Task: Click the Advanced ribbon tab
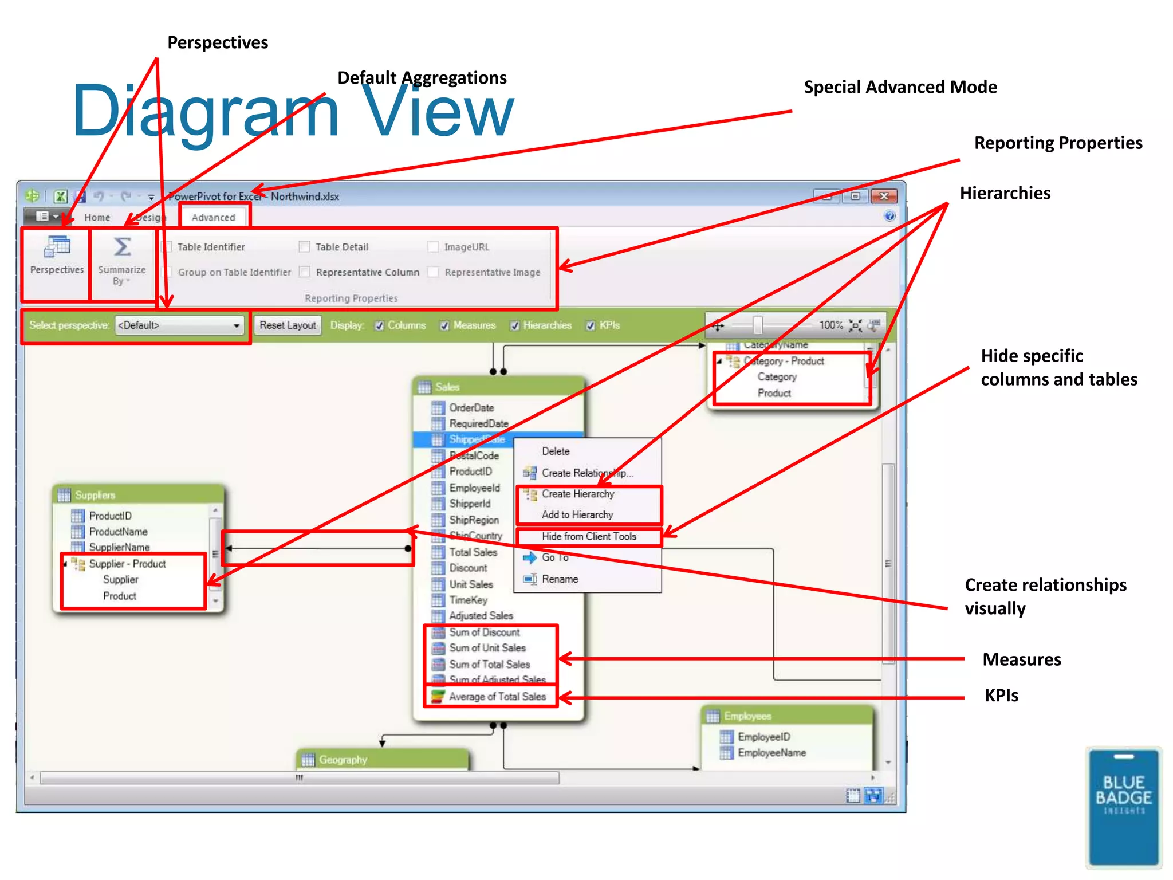pos(213,217)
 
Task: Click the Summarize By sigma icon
pos(122,247)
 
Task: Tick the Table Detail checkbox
pos(305,247)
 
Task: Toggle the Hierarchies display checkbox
pos(515,325)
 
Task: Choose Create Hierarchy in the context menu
pos(577,494)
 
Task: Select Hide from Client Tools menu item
pos(589,537)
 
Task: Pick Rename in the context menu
pos(560,579)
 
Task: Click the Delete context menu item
pos(556,451)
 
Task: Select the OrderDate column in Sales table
pos(471,408)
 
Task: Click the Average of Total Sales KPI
pos(497,697)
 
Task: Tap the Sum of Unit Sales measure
pos(487,648)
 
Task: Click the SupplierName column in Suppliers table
pos(119,547)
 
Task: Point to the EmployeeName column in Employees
pos(771,753)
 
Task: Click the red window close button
pos(884,197)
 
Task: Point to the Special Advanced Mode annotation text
pos(900,87)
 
